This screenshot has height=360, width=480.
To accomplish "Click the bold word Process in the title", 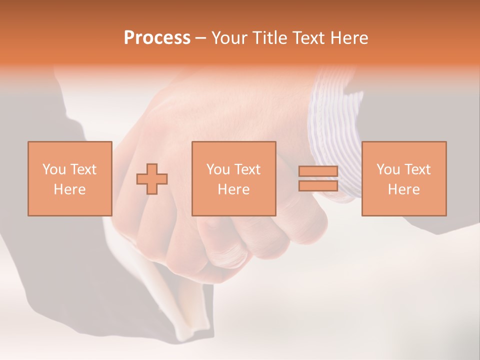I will (157, 38).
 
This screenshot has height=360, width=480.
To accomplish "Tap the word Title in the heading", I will (270, 38).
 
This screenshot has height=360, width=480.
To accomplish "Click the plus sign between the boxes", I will (152, 179).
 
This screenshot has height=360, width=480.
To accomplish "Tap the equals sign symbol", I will (318, 178).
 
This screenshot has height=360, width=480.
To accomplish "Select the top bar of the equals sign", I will (318, 171).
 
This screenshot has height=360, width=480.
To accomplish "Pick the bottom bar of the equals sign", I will (318, 185).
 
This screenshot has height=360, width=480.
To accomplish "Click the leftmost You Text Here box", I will (70, 178).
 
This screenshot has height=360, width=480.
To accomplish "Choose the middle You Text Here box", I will (233, 178).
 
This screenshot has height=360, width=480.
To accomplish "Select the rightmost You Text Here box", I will (403, 178).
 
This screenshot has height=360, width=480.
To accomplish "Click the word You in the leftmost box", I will (54, 169).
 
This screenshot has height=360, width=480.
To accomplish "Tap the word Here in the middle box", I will (233, 189).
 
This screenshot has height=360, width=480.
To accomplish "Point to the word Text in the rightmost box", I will (417, 169).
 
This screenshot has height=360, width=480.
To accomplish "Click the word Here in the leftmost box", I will (70, 189).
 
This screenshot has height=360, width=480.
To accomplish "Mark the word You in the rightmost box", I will (388, 169).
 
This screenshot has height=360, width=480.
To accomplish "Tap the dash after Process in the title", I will (201, 38).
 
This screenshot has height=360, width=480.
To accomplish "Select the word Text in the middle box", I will (247, 169).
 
